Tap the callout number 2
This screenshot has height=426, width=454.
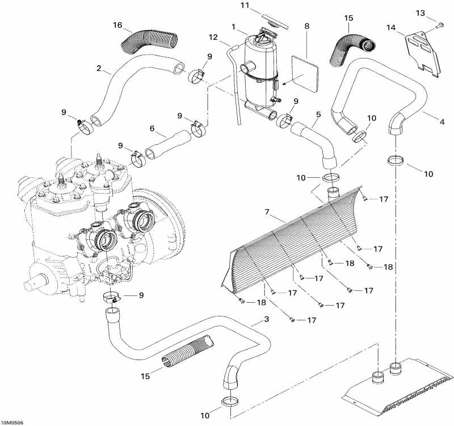(99, 69)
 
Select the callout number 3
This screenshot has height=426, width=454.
(266, 320)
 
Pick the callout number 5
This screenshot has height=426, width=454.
(318, 114)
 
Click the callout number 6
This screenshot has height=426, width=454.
(152, 129)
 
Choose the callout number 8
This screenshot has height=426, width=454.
(307, 26)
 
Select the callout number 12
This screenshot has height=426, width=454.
(213, 37)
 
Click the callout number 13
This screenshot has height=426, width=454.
(436, 12)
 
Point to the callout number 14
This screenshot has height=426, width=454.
(390, 27)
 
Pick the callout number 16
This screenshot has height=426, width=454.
(117, 26)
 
